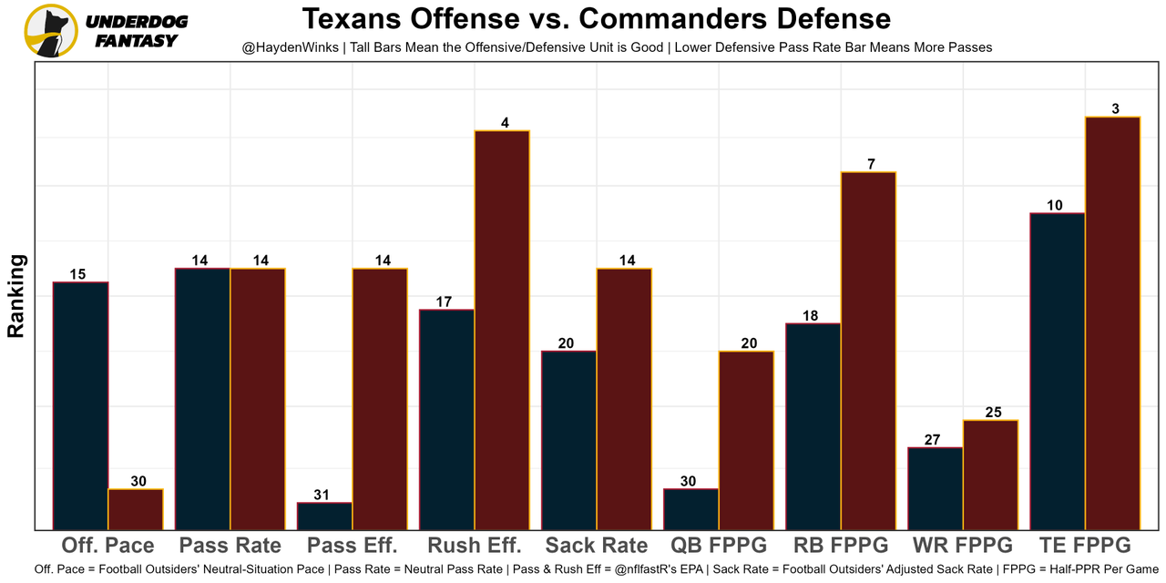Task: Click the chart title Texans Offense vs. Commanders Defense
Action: click(x=596, y=18)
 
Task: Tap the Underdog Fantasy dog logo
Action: click(x=51, y=31)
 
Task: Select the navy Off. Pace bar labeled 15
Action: click(x=81, y=405)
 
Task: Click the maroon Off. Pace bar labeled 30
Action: click(x=136, y=509)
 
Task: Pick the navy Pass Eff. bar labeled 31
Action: click(x=325, y=516)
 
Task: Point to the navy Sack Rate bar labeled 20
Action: click(x=569, y=440)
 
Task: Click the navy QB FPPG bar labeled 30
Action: click(x=691, y=509)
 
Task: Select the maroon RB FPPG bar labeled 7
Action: click(x=868, y=351)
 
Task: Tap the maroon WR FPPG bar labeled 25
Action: click(x=990, y=475)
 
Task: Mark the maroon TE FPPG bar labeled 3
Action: click(x=1112, y=323)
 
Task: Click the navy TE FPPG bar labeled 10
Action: click(x=1058, y=371)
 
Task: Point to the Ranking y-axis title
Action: click(x=15, y=296)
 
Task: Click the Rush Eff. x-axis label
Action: click(x=475, y=546)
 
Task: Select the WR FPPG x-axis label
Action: click(x=963, y=546)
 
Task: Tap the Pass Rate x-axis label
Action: click(x=230, y=546)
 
